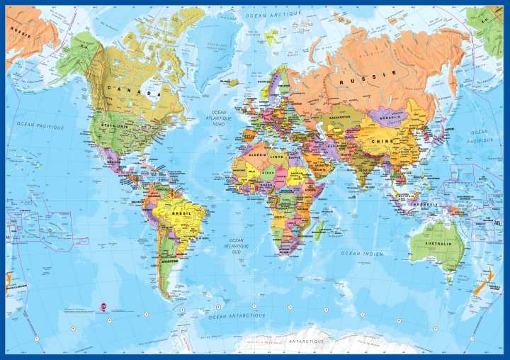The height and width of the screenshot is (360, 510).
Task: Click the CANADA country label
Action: [x=133, y=89]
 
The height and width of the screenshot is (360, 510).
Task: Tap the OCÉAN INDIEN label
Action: [x=362, y=253]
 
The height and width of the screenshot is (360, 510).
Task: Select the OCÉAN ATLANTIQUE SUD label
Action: [x=235, y=245]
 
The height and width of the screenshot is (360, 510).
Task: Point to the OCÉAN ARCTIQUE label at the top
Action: [x=272, y=14]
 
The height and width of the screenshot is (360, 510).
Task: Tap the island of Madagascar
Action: [x=319, y=228]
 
